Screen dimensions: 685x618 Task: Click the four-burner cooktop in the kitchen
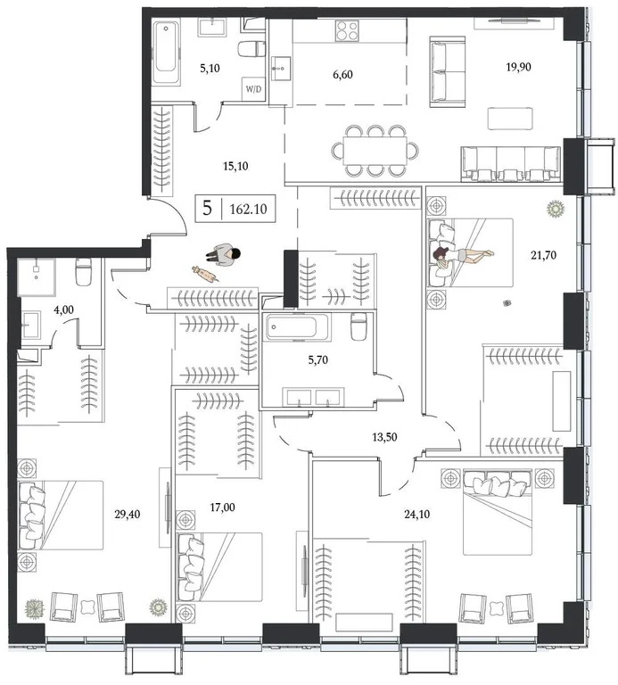click(x=348, y=32)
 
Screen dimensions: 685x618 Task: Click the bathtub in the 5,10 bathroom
click(x=166, y=52)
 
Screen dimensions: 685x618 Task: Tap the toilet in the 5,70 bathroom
click(x=358, y=327)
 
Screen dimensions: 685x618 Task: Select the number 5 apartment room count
click(x=208, y=210)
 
